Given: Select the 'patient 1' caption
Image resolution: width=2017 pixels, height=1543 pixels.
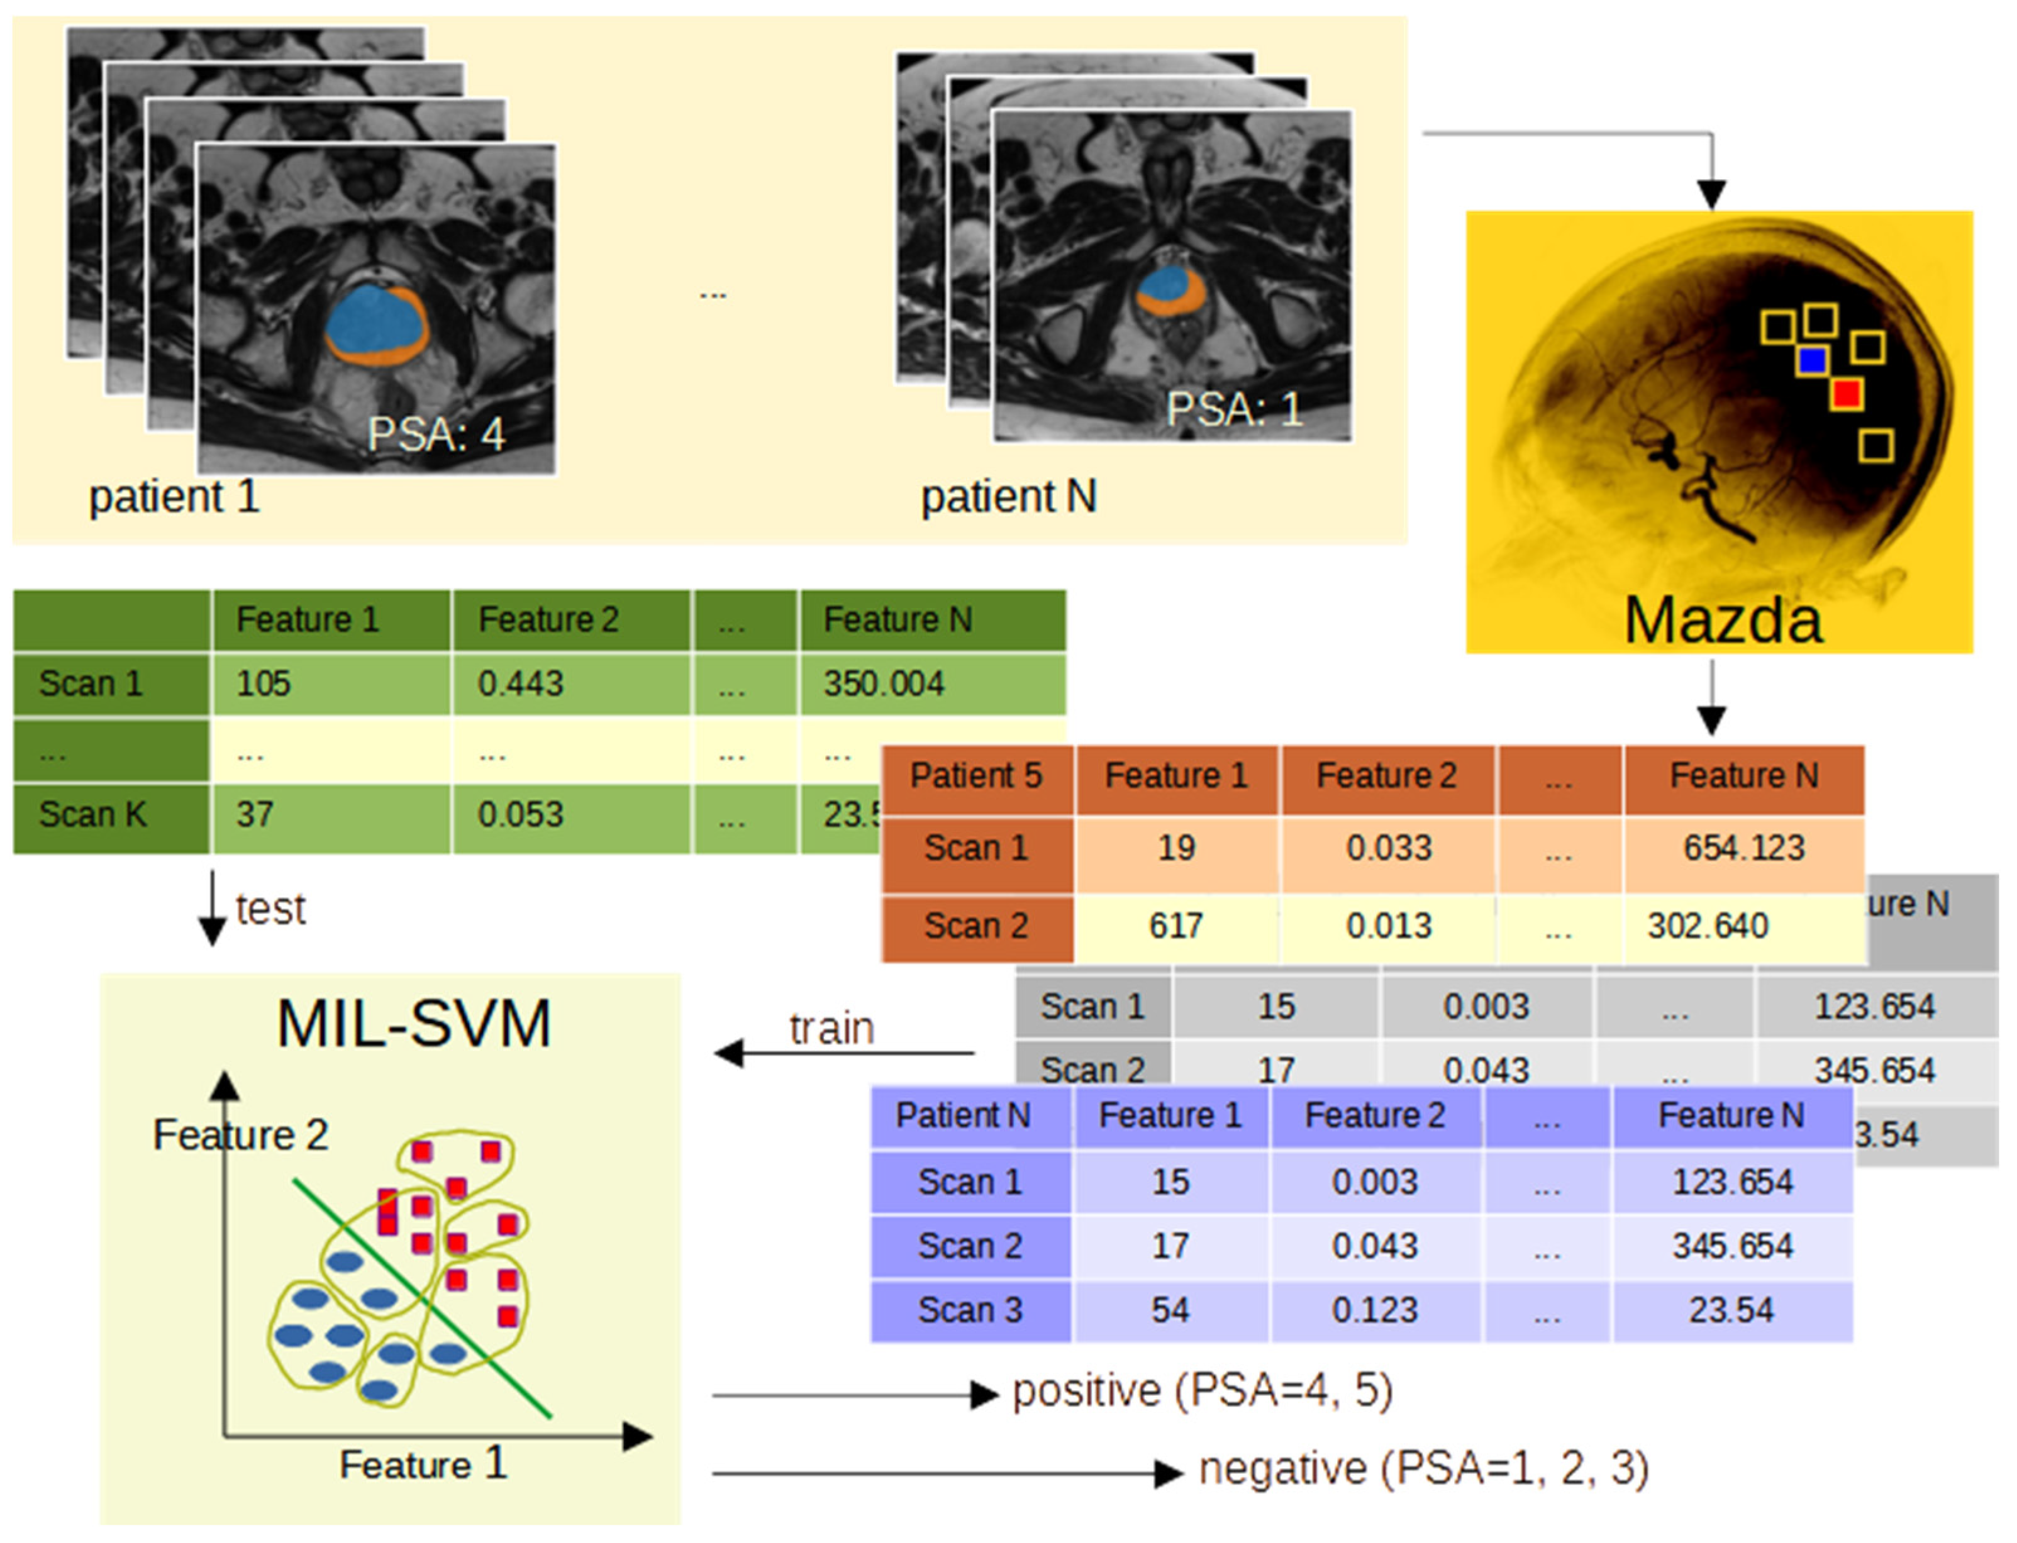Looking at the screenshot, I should pyautogui.click(x=174, y=497).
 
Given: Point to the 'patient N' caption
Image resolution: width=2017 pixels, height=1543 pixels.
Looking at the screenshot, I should pyautogui.click(x=1009, y=497).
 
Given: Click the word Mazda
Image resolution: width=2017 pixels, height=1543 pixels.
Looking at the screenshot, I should pyautogui.click(x=1722, y=621).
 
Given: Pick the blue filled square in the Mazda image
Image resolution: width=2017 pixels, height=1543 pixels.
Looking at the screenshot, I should pyautogui.click(x=1811, y=360).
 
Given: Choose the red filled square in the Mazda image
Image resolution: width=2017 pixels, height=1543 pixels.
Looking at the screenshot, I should pyautogui.click(x=1846, y=394).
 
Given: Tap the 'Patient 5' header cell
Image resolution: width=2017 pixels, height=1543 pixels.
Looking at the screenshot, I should pyautogui.click(x=975, y=776).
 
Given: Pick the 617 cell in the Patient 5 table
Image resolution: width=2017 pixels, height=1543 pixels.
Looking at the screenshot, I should pyautogui.click(x=1175, y=926).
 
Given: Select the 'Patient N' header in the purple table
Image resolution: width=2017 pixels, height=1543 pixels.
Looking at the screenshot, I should pyautogui.click(x=962, y=1116).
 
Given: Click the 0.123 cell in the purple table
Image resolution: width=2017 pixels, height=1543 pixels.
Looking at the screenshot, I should pyautogui.click(x=1374, y=1310).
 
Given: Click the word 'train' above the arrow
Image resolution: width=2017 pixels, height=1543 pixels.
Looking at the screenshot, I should pyautogui.click(x=831, y=1029).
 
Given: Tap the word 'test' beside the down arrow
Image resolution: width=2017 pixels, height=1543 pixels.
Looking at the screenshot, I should pyautogui.click(x=270, y=909).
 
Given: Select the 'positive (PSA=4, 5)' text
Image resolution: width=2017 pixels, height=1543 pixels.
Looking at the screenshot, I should pyautogui.click(x=1201, y=1391).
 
